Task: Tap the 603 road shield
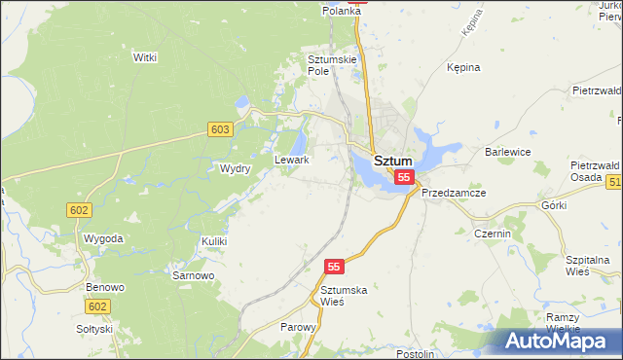pyautogui.click(x=220, y=129)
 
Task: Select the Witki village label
pyautogui.click(x=145, y=58)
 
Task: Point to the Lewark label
pyautogui.click(x=292, y=160)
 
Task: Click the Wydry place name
pyautogui.click(x=236, y=168)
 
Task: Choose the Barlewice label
pyautogui.click(x=507, y=153)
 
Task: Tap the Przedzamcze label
pyautogui.click(x=454, y=193)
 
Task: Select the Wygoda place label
pyautogui.click(x=103, y=238)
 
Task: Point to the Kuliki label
pyautogui.click(x=214, y=240)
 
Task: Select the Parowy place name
pyautogui.click(x=299, y=328)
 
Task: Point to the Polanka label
pyautogui.click(x=342, y=11)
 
